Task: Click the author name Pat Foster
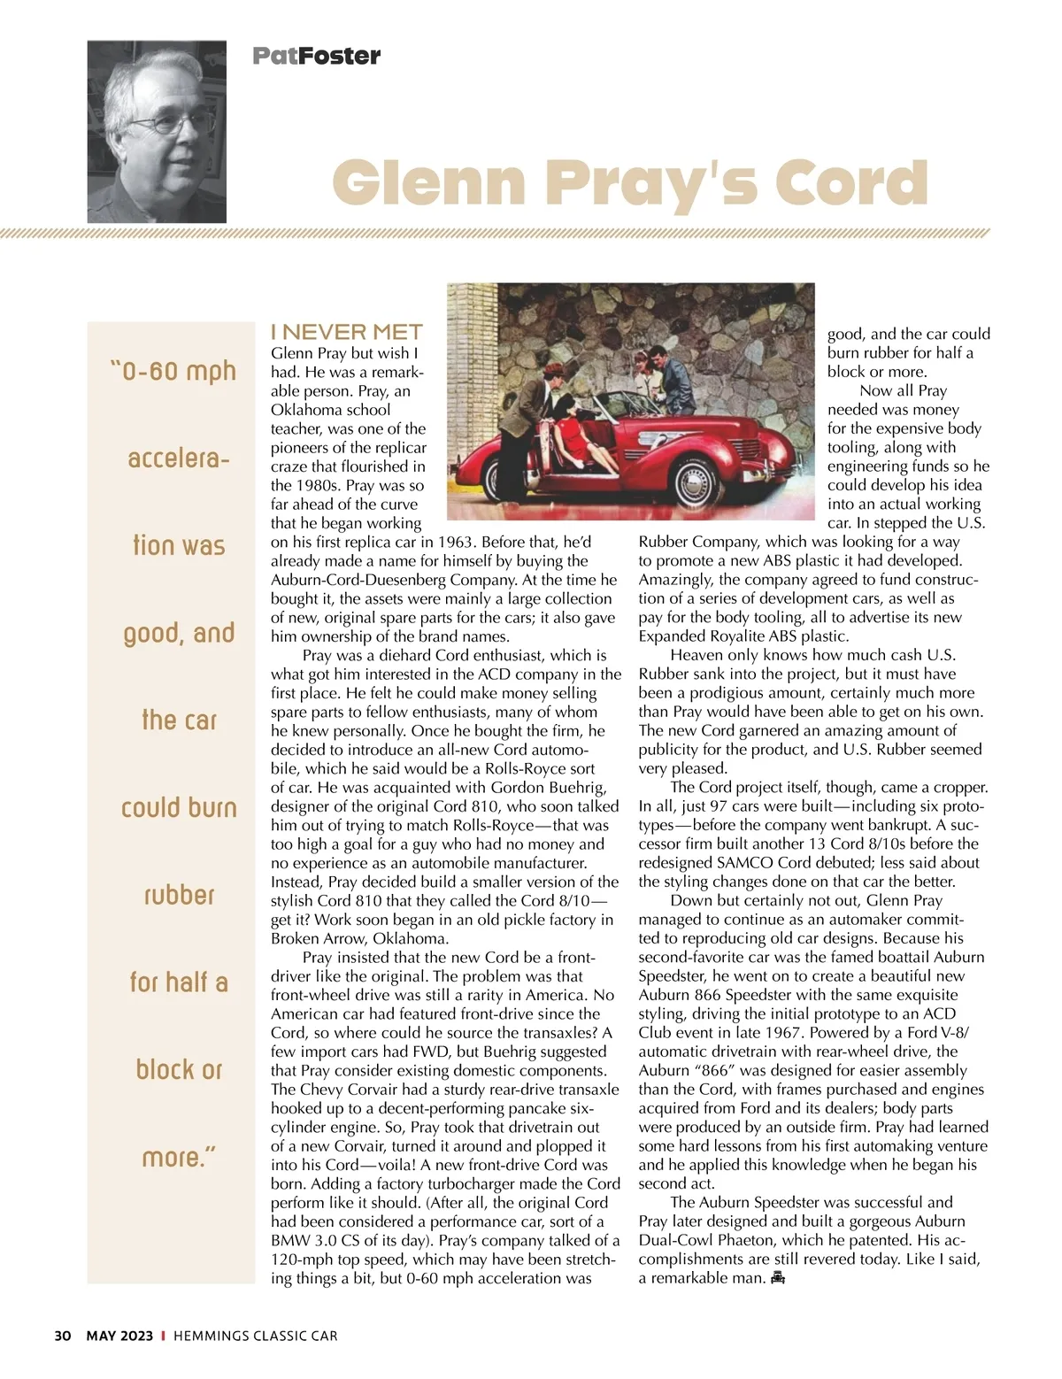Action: [316, 56]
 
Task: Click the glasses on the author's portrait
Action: [173, 124]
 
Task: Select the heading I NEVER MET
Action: [347, 332]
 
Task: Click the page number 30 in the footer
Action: [62, 1336]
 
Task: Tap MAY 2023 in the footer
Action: [119, 1336]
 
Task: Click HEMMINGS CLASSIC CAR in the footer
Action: [256, 1336]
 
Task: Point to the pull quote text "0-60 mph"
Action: [173, 370]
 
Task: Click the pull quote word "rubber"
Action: [179, 895]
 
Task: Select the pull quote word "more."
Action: [179, 1157]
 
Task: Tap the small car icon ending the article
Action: [778, 1277]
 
